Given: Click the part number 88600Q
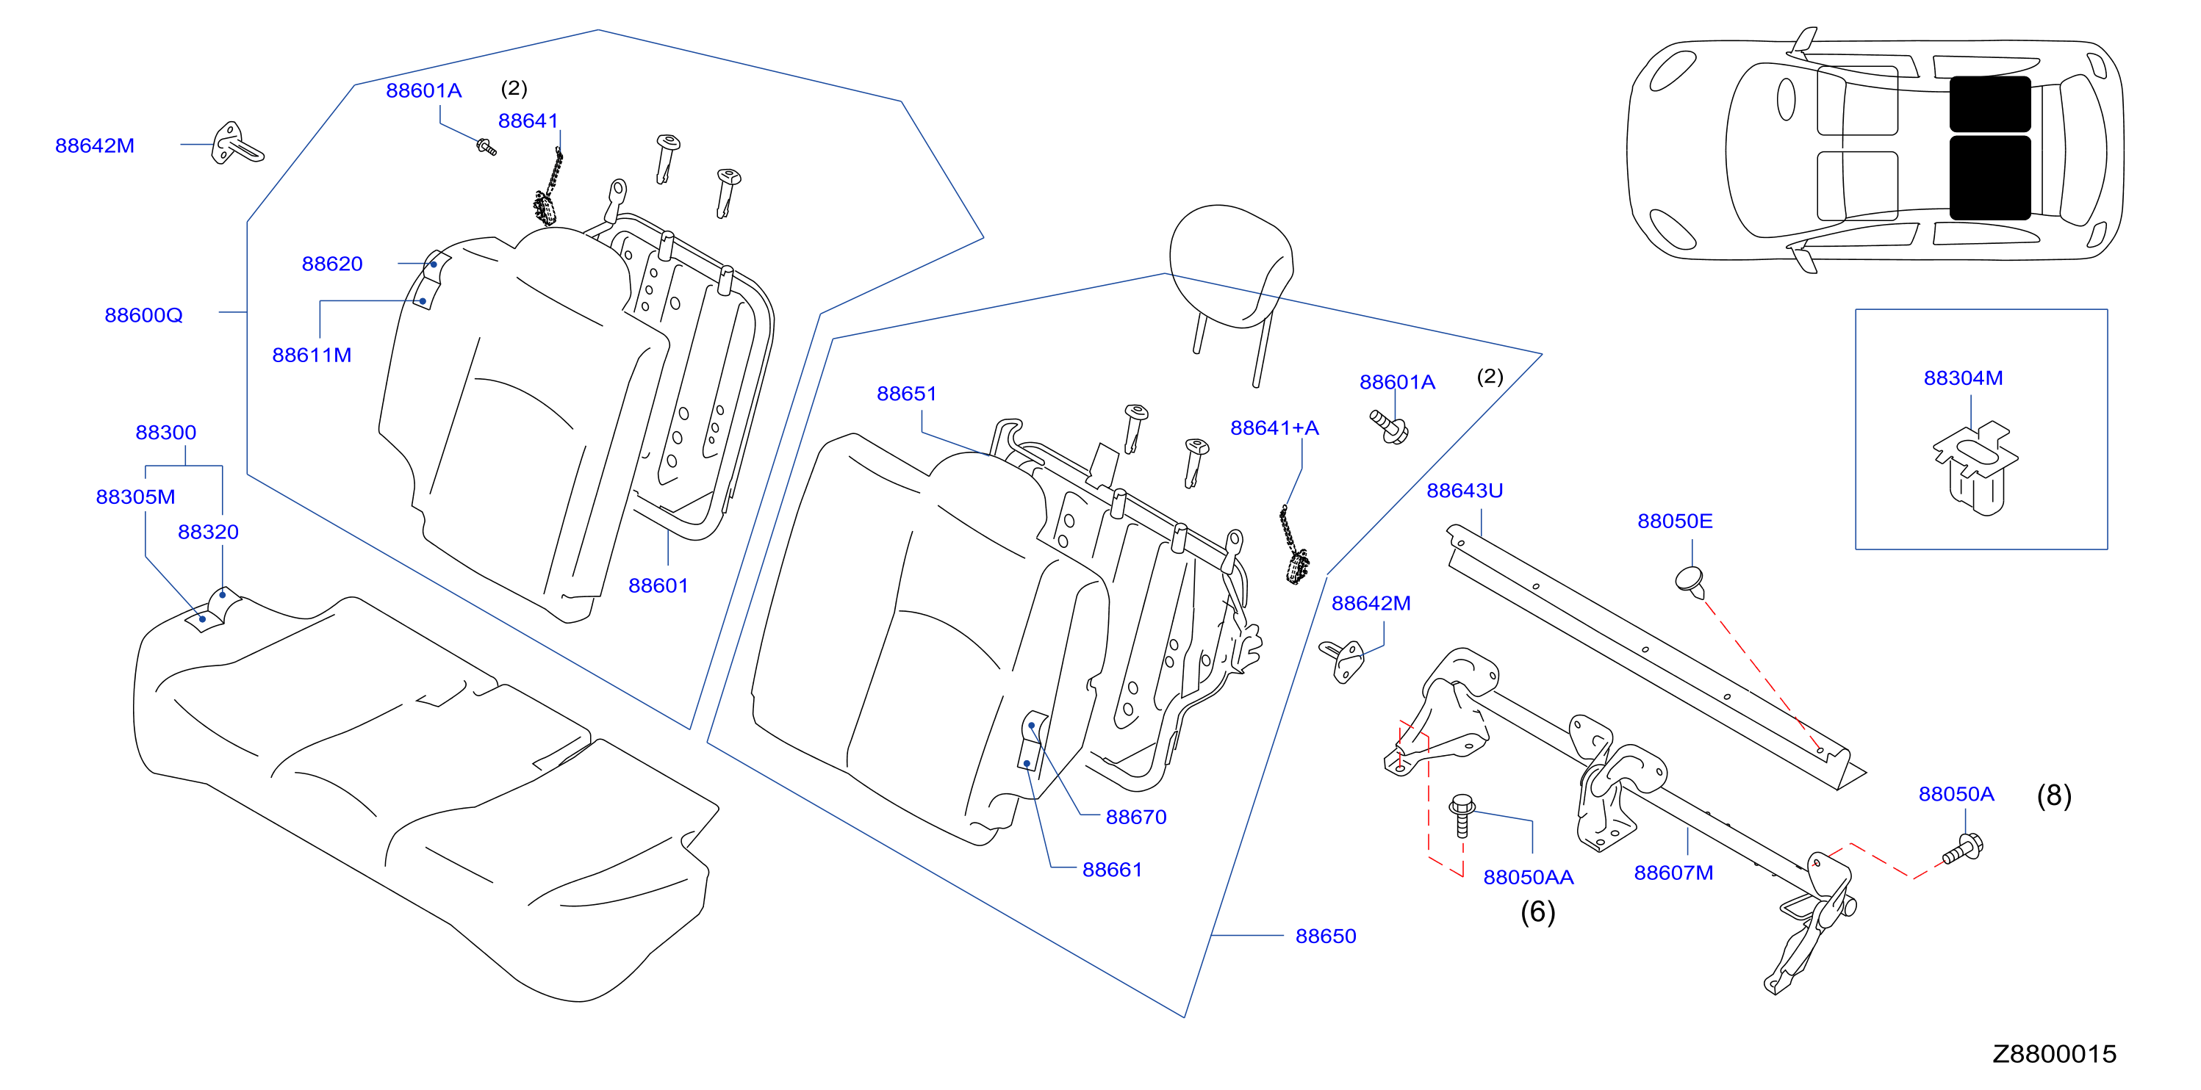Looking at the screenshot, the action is pos(143,315).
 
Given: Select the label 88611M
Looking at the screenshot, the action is pos(312,355).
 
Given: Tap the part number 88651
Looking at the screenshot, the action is pos(907,394).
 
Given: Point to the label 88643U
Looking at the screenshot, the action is pos(1465,491).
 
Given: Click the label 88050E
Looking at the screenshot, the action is pos(1675,521).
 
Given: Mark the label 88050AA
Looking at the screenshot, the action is pos(1528,877).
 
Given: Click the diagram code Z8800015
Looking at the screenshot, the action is pos(2054,1054).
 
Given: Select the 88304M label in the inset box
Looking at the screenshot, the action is pos(1963,378).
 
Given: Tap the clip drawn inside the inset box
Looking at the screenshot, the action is pos(1975,467).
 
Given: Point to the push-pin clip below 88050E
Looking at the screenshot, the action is pos(1690,582).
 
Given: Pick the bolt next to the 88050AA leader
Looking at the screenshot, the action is pos(1462,815).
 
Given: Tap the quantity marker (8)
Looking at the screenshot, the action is pos(2054,795).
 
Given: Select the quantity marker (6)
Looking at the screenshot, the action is pos(1537,912).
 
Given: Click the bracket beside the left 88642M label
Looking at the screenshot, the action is pos(237,143).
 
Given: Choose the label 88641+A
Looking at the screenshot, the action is pos(1274,428).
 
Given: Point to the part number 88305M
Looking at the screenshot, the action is pos(135,497).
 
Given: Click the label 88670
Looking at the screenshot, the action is pos(1135,817).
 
